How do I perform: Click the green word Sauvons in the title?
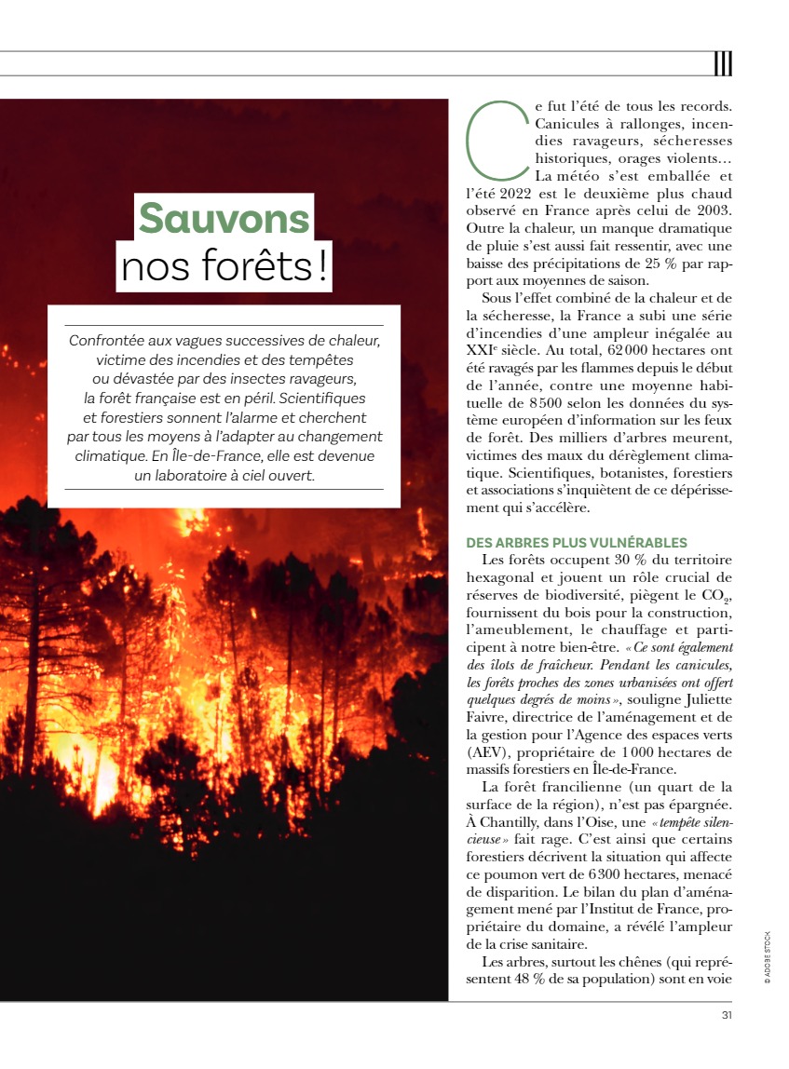click(224, 219)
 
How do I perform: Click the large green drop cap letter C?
click(495, 140)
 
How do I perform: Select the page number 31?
click(726, 1015)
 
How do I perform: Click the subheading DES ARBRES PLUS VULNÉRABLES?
click(577, 542)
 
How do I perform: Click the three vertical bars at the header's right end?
click(723, 63)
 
